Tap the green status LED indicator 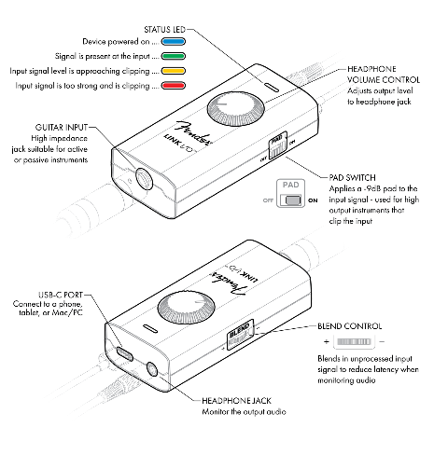point(174,55)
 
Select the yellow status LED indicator point(174,70)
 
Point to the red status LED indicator point(174,85)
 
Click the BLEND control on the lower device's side point(236,337)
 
